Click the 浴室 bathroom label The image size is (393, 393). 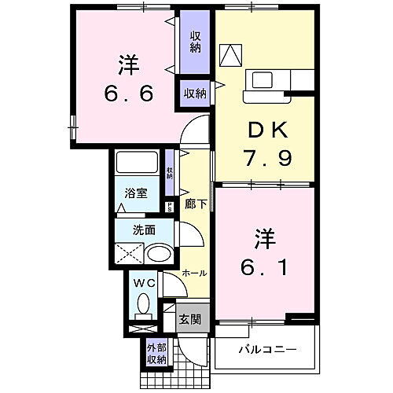pyautogui.click(x=135, y=193)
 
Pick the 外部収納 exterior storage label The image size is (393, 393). pyautogui.click(x=156, y=354)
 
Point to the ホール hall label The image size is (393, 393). pyautogui.click(x=194, y=273)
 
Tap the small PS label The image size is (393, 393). pyautogui.click(x=170, y=207)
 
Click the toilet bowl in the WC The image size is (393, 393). pyautogui.click(x=143, y=303)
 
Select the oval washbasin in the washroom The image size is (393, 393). pyautogui.click(x=160, y=254)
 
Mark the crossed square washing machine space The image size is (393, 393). pyautogui.click(x=130, y=254)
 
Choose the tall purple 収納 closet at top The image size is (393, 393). pyautogui.click(x=194, y=40)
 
